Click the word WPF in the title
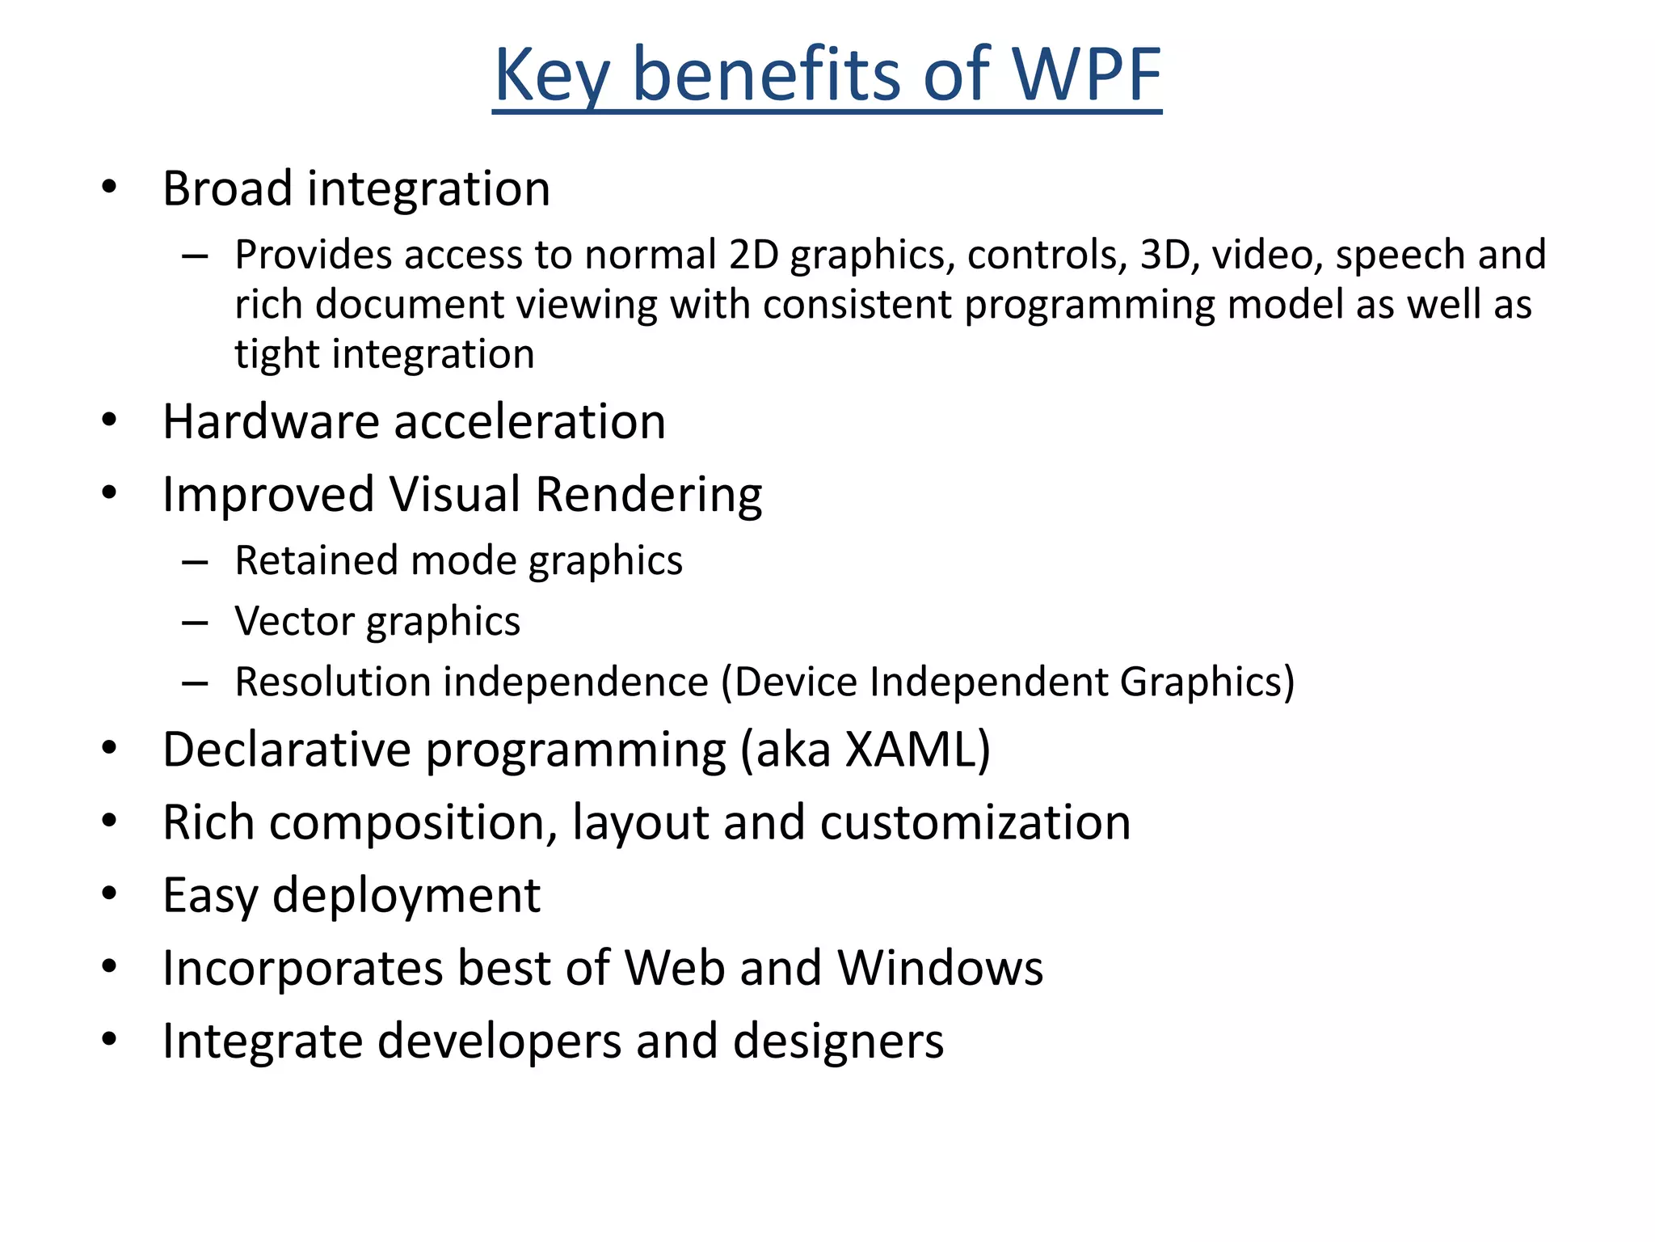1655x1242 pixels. click(x=1086, y=75)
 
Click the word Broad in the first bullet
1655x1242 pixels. click(x=227, y=189)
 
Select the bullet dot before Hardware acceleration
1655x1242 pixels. click(x=110, y=420)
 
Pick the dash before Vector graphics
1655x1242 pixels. click(x=195, y=623)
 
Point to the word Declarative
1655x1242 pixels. click(x=287, y=750)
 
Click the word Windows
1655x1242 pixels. click(x=940, y=968)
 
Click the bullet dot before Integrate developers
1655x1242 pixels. click(x=110, y=1040)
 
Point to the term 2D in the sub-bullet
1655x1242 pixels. click(x=753, y=256)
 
